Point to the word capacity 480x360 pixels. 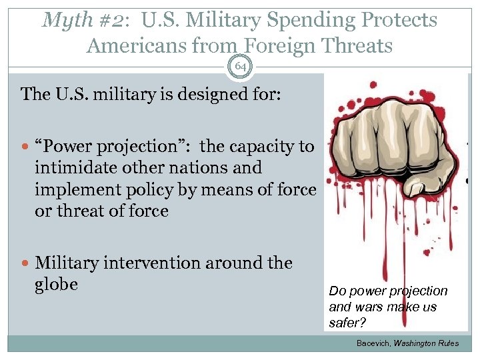259,147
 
